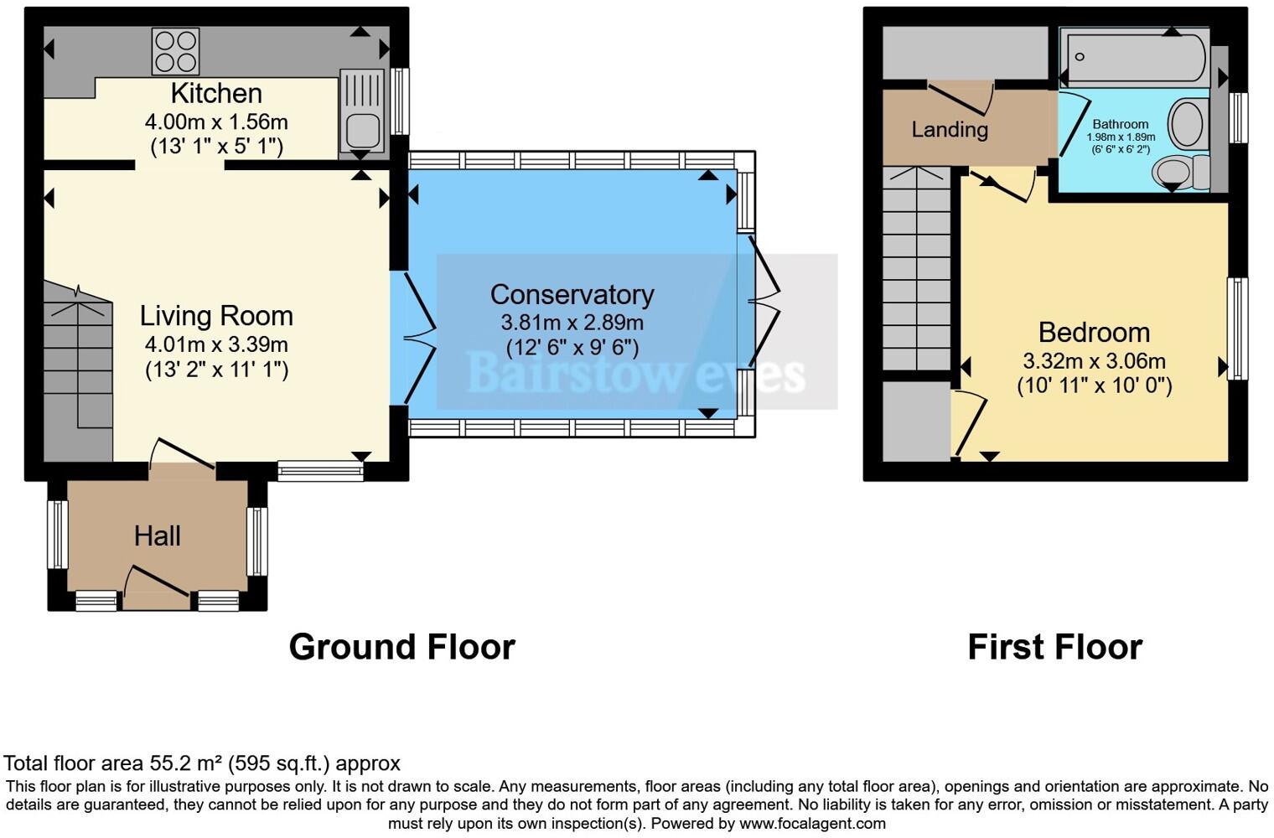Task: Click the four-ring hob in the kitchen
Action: (x=175, y=51)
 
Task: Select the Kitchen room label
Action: (x=216, y=93)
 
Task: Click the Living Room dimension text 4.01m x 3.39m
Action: (x=216, y=344)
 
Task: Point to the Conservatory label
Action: (x=572, y=294)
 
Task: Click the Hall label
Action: (x=158, y=536)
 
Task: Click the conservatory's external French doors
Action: (x=764, y=302)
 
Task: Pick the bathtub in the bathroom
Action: (x=1133, y=57)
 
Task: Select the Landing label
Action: (x=950, y=130)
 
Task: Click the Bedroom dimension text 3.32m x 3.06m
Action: (x=1094, y=361)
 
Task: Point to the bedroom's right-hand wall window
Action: (x=1237, y=328)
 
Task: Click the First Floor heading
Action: (x=1054, y=647)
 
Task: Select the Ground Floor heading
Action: (x=401, y=647)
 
